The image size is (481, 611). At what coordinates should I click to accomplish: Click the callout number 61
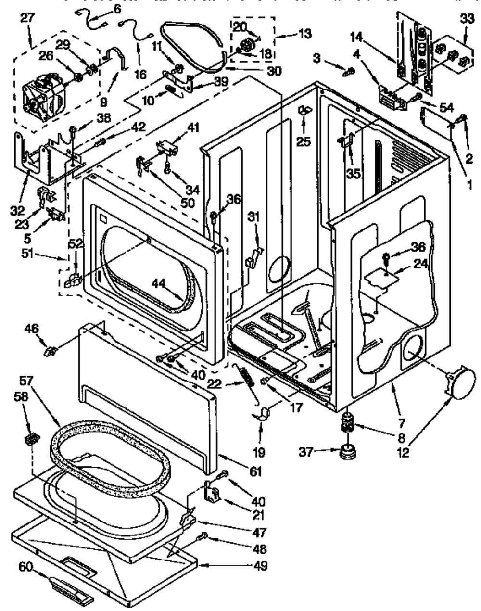[x=255, y=471]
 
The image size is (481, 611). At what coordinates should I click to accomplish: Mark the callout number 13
[x=304, y=34]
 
